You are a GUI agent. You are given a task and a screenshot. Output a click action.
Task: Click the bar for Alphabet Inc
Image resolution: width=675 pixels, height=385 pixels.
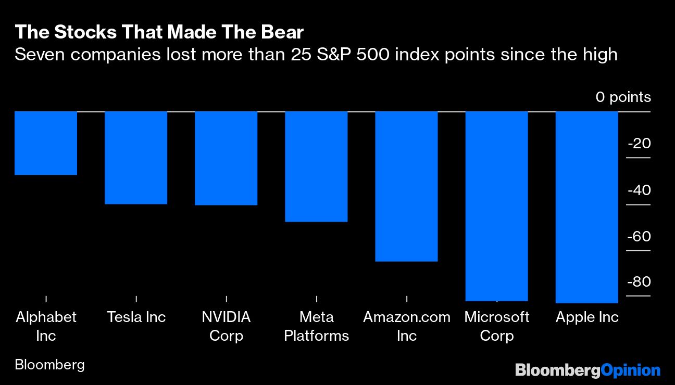point(46,143)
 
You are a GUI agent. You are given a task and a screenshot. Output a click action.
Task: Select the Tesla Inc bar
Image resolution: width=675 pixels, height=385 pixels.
point(136,158)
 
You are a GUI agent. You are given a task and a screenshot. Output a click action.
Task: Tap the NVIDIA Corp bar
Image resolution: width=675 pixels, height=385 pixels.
point(226,158)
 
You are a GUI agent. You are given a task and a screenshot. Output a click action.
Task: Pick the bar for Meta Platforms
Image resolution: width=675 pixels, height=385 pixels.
point(316,166)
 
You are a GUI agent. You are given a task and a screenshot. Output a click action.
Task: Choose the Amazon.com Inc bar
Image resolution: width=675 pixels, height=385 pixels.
point(406,186)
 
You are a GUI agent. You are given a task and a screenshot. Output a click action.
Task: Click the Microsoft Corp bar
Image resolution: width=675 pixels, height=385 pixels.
point(496,206)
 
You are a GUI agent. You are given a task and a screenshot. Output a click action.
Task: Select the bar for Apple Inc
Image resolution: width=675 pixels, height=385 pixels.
point(587,207)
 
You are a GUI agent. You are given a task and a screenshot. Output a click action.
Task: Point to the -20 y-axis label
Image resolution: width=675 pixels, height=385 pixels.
point(639,144)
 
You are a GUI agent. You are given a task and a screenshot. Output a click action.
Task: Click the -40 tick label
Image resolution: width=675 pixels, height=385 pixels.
point(639,190)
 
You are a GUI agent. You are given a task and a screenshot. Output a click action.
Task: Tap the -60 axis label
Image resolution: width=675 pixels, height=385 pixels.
point(639,237)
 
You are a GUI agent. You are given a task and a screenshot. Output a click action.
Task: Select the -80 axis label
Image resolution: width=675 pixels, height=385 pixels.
point(639,282)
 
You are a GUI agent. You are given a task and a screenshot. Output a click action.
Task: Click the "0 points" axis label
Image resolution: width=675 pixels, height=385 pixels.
point(623,97)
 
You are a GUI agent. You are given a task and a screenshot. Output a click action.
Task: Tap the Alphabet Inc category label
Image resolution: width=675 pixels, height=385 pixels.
point(46,326)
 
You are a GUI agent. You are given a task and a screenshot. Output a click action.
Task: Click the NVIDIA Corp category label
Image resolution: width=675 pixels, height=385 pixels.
point(226,326)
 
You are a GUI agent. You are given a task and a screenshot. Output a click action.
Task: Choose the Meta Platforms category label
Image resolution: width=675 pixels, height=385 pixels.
point(316,326)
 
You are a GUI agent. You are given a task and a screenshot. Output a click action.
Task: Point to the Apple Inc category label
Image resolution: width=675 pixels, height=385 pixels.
point(587,317)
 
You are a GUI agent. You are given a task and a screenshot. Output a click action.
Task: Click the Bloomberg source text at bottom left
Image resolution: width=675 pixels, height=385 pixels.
point(49,365)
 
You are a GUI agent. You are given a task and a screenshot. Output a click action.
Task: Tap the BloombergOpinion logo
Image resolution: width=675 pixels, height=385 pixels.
point(587,370)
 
